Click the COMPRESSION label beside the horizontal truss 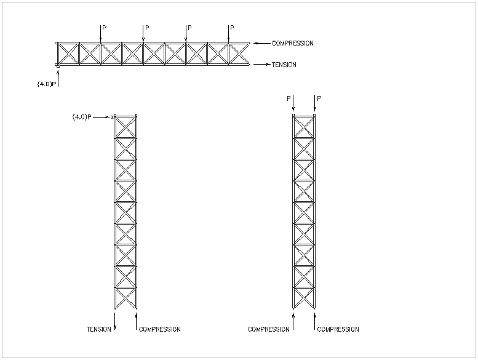(293, 43)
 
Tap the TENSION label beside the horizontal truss (284, 65)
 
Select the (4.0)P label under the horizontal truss (47, 84)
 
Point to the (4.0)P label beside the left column (82, 117)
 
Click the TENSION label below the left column (99, 329)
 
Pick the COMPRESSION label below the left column (160, 329)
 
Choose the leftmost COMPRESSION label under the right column (269, 329)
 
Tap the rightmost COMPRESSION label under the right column (338, 329)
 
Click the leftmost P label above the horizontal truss (105, 28)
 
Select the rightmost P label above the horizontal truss (233, 28)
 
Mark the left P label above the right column (289, 98)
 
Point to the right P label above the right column (319, 98)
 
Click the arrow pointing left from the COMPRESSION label (262, 43)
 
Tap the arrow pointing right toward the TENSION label (262, 65)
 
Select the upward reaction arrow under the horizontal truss (58, 79)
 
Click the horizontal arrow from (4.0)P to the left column (102, 117)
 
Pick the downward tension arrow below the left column (115, 321)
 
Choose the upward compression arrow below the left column (137, 321)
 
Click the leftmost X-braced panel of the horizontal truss (68, 54)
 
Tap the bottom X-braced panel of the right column (304, 298)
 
